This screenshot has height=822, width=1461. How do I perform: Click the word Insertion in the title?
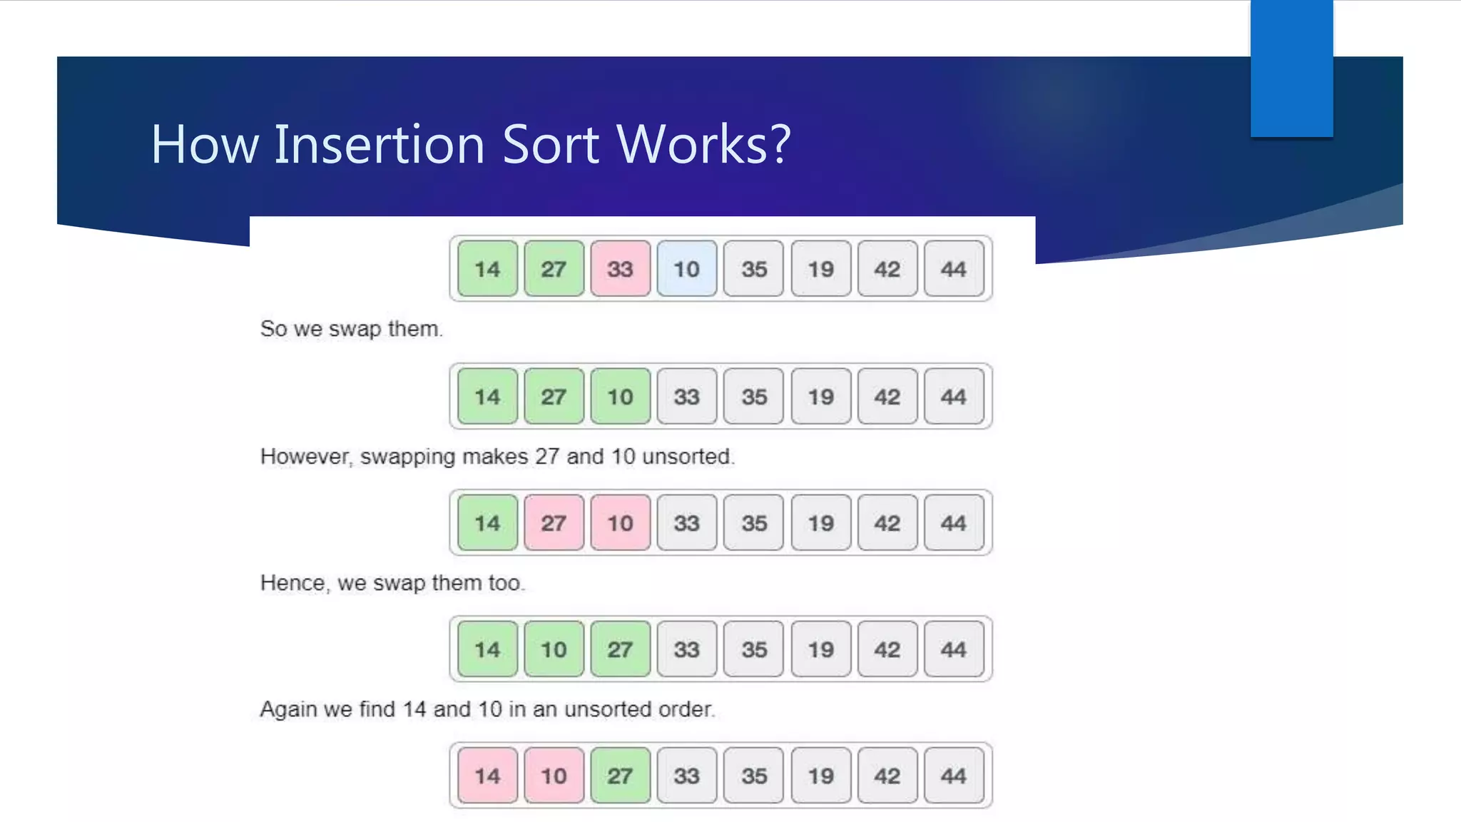tap(380, 144)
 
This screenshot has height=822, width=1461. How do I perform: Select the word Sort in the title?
tap(551, 144)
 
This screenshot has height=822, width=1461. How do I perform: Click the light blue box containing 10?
tap(686, 269)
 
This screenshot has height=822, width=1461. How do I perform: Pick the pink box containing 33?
tap(620, 269)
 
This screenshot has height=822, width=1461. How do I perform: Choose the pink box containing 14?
tap(487, 776)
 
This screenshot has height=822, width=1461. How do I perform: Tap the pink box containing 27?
tap(554, 523)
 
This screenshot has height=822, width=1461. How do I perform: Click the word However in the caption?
tap(305, 457)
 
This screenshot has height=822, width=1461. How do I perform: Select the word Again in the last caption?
tap(288, 709)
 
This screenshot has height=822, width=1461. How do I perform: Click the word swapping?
tap(407, 457)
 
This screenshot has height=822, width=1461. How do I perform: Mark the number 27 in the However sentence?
tap(547, 457)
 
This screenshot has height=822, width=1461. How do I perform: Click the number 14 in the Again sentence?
tap(414, 709)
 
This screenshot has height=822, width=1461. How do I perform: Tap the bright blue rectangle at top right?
tap(1291, 68)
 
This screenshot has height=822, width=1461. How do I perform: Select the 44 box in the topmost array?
tap(953, 269)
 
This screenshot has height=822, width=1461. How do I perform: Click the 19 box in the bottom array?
tap(820, 776)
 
